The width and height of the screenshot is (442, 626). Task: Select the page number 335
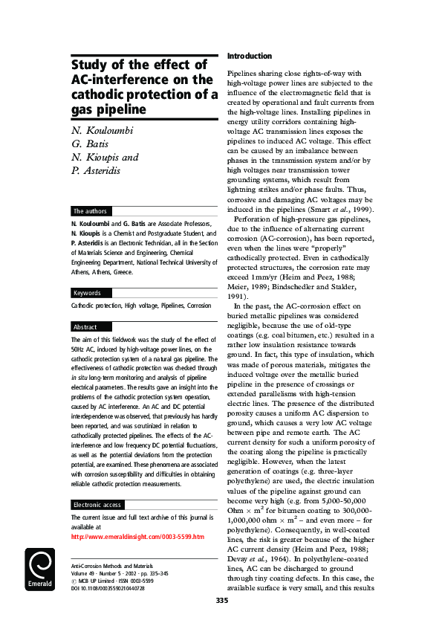coord(221,600)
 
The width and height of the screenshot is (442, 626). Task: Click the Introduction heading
coord(249,57)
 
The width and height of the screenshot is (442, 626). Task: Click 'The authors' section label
coord(90,211)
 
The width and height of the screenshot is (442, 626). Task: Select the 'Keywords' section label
coord(87,293)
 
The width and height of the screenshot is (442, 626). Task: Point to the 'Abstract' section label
coord(85,326)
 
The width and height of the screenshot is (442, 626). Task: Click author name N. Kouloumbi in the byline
coord(108,131)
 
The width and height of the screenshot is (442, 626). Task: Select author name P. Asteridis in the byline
coord(103,171)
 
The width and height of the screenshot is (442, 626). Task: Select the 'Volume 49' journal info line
coord(84,572)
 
